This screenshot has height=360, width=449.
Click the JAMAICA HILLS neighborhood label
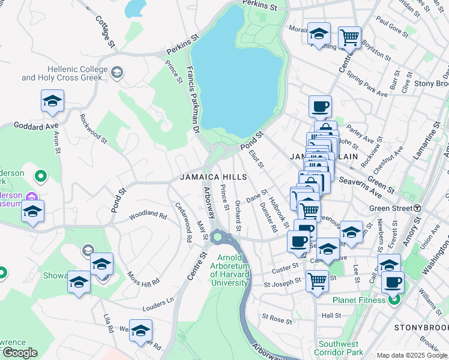214,177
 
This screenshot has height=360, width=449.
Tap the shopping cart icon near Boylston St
349,37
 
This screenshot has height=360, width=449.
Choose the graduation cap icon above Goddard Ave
53,101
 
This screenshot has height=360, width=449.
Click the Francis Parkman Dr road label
194,99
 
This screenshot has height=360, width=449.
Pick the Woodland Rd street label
146,214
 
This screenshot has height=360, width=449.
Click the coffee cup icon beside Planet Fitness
393,282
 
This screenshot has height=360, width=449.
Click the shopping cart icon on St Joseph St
316,280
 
